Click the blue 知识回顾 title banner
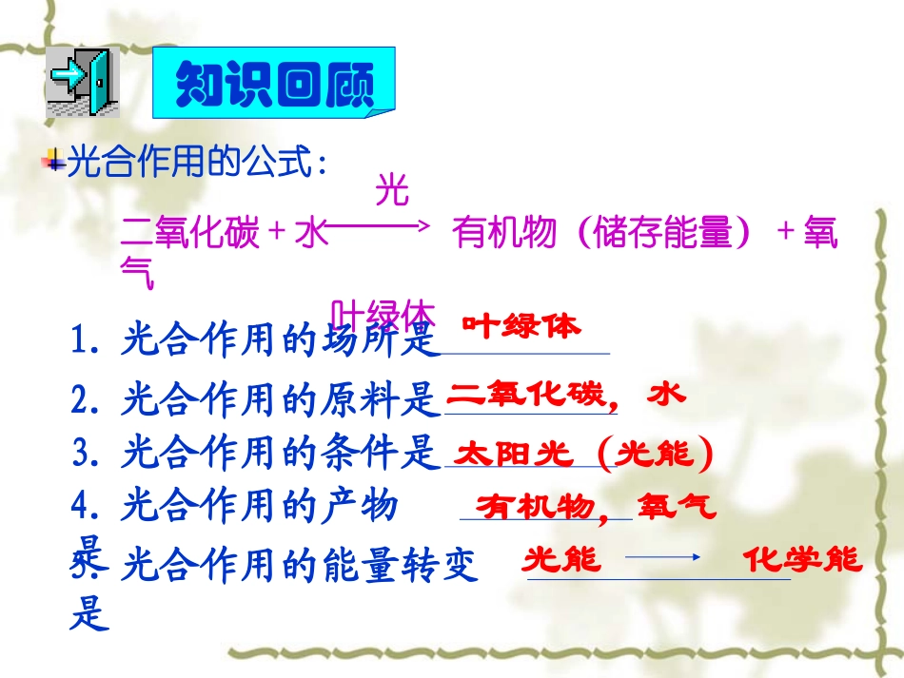(274, 83)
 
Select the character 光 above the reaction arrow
(392, 190)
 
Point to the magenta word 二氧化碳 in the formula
(191, 233)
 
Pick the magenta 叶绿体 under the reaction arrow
(383, 315)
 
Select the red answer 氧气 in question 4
(677, 505)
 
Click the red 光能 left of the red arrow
(561, 559)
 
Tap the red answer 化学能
(801, 559)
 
